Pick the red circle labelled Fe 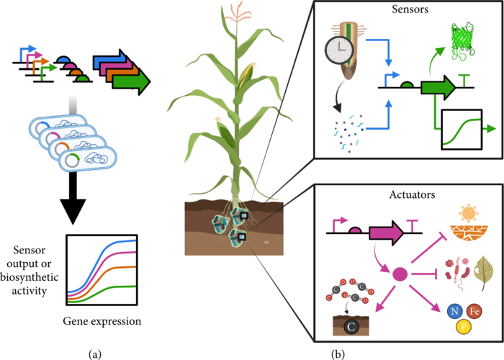(474, 311)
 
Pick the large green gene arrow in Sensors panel (438, 88)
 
